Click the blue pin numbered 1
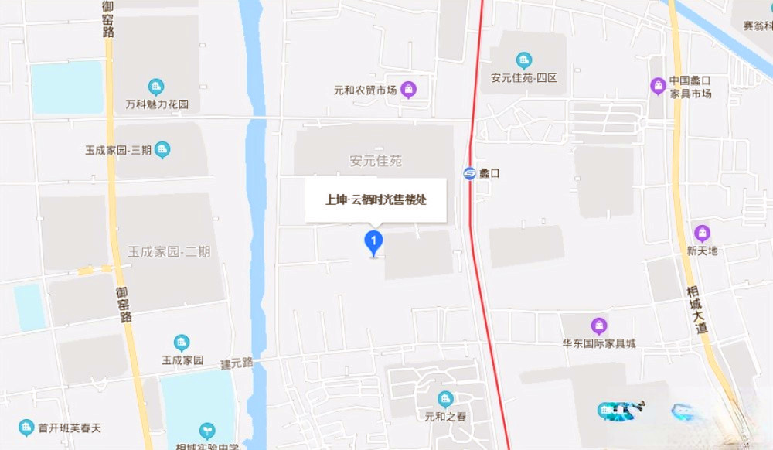click(x=374, y=243)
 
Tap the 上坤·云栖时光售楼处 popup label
click(x=376, y=199)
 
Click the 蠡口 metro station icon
click(x=469, y=173)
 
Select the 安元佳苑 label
click(x=376, y=162)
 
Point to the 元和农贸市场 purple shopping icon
click(x=410, y=90)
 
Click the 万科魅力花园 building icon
click(x=156, y=86)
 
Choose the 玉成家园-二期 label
click(x=169, y=251)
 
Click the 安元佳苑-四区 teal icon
click(x=524, y=60)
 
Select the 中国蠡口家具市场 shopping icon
click(x=658, y=85)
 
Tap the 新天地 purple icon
click(x=702, y=233)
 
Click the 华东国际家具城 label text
click(x=598, y=343)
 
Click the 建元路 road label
click(x=237, y=363)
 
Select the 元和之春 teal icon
click(x=444, y=399)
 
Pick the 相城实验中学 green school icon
click(x=207, y=430)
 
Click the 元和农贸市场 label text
click(x=364, y=91)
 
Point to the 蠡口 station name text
click(x=489, y=173)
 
